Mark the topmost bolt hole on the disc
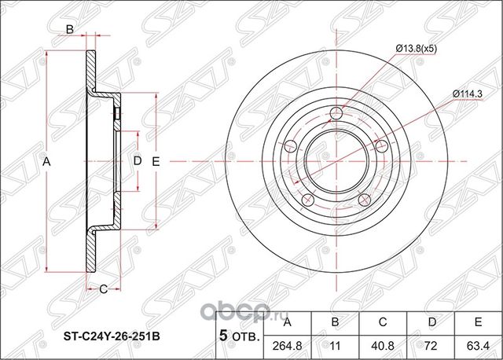[336, 112]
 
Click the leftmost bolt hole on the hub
[288, 145]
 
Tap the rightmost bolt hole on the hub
[383, 145]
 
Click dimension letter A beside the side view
[47, 161]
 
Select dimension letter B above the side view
[69, 30]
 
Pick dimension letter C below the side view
[102, 289]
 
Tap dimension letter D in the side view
[135, 161]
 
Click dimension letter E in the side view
[156, 161]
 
